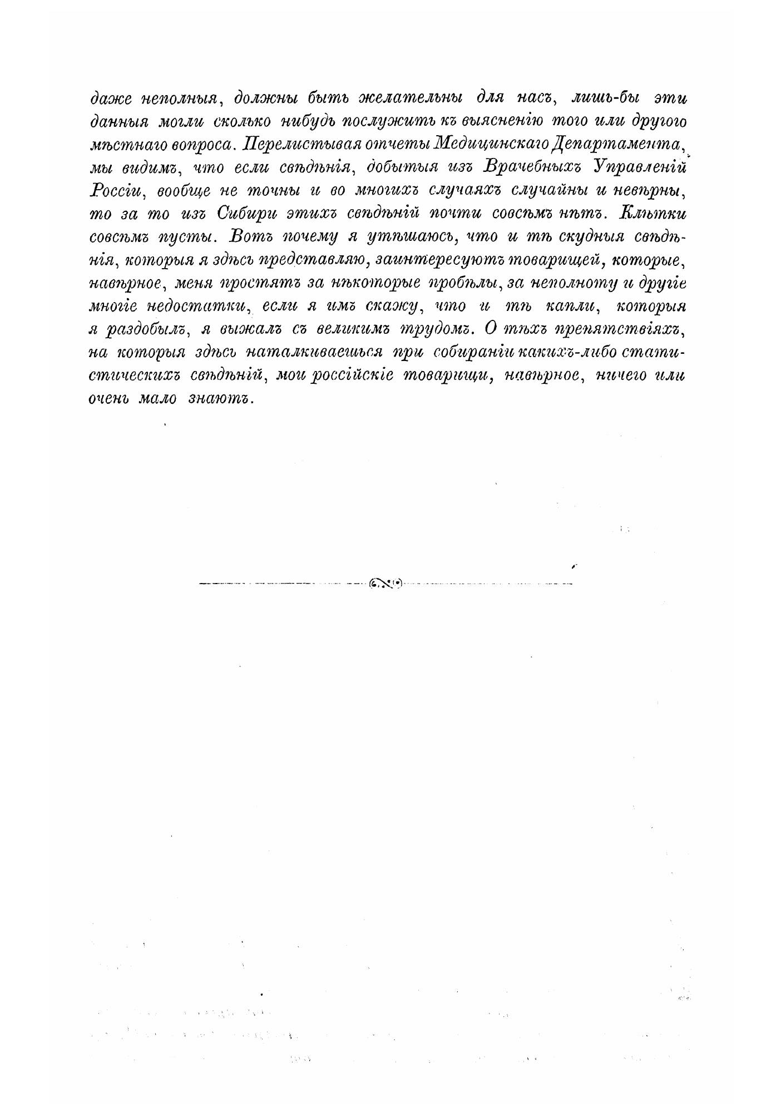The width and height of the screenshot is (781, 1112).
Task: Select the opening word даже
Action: click(x=110, y=98)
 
